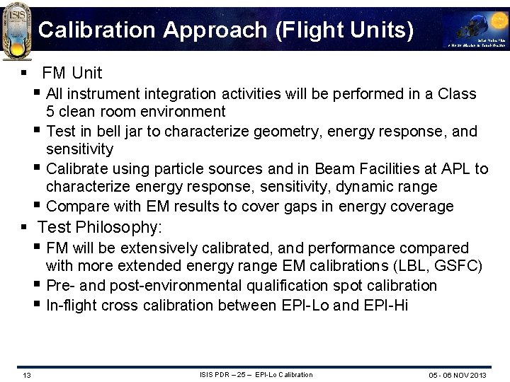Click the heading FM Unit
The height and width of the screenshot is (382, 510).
point(72,73)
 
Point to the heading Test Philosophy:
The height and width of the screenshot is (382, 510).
point(100,227)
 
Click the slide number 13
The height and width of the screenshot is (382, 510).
point(25,374)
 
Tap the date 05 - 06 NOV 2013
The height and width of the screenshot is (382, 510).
point(458,374)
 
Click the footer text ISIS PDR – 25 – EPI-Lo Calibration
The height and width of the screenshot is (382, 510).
point(256,374)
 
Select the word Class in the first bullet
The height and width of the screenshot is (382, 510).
point(458,93)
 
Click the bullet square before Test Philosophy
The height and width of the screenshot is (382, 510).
point(24,227)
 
